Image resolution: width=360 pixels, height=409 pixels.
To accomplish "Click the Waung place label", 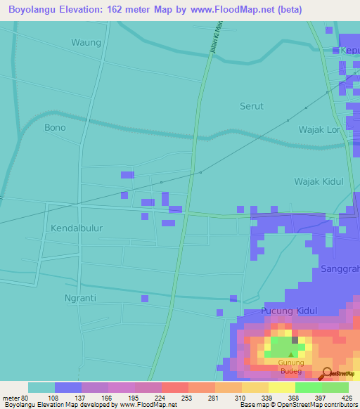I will (86, 42).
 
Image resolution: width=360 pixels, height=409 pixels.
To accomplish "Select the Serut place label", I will (252, 106).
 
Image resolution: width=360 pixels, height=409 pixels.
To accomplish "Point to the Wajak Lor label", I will (319, 130).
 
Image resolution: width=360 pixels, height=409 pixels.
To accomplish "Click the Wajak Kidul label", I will (319, 181).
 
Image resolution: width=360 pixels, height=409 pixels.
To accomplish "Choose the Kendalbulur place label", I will (78, 228).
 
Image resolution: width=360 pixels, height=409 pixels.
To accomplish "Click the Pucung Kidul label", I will (289, 311).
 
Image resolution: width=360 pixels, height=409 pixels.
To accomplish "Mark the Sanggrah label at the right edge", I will (340, 269).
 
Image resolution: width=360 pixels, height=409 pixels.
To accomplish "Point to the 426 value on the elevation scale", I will (346, 397).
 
